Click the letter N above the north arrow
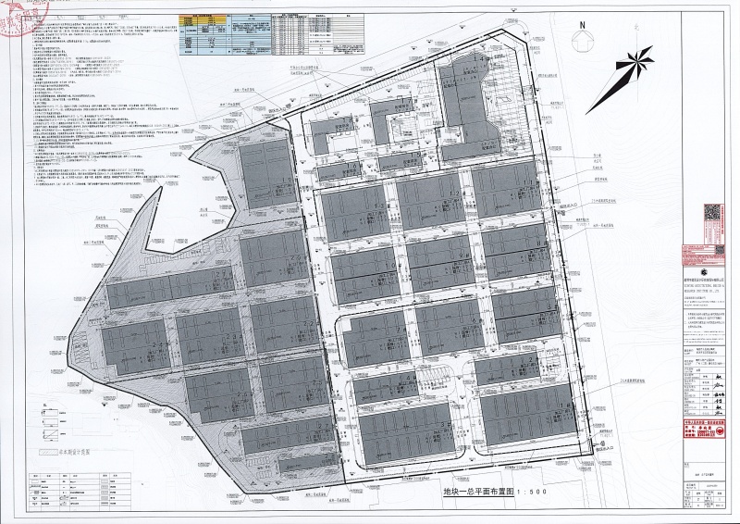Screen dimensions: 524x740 click(x=583, y=25)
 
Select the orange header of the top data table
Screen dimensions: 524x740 click(x=200, y=18)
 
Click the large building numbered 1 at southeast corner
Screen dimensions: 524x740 click(x=528, y=412)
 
